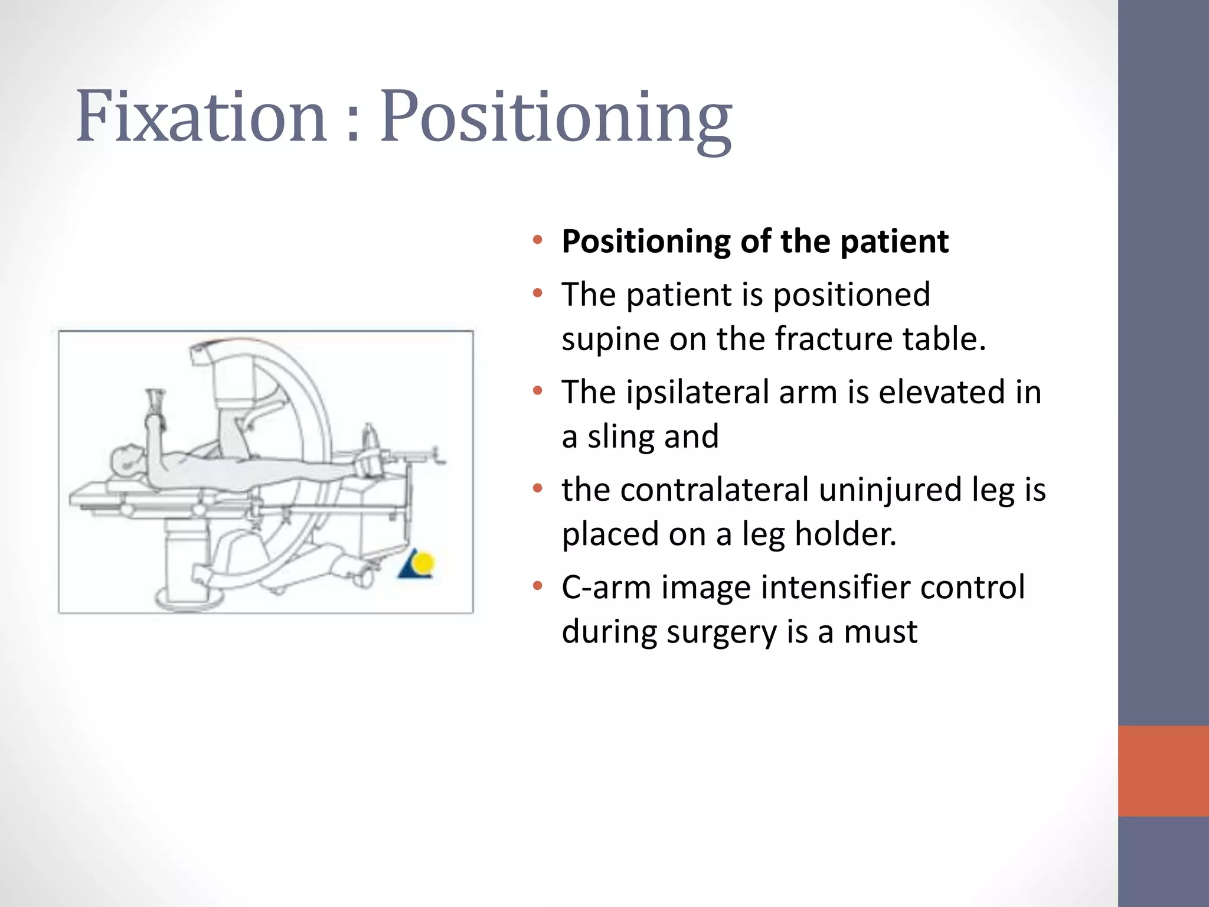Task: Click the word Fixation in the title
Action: pos(201,116)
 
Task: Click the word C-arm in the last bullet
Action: pos(605,588)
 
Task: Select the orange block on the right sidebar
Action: pos(1163,771)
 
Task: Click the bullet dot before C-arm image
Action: pos(537,586)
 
